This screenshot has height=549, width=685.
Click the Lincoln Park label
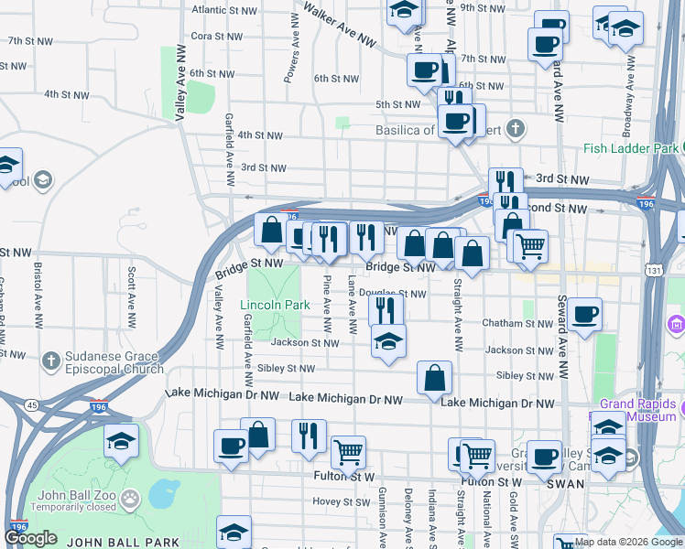[269, 305]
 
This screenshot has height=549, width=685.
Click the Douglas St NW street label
[392, 294]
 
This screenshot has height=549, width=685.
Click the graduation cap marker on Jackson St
[388, 342]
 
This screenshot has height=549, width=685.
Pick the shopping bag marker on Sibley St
[434, 377]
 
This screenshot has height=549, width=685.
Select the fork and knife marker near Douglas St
[386, 308]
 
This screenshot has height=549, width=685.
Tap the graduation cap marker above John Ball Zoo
[121, 441]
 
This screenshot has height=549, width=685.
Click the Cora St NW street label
[216, 37]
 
